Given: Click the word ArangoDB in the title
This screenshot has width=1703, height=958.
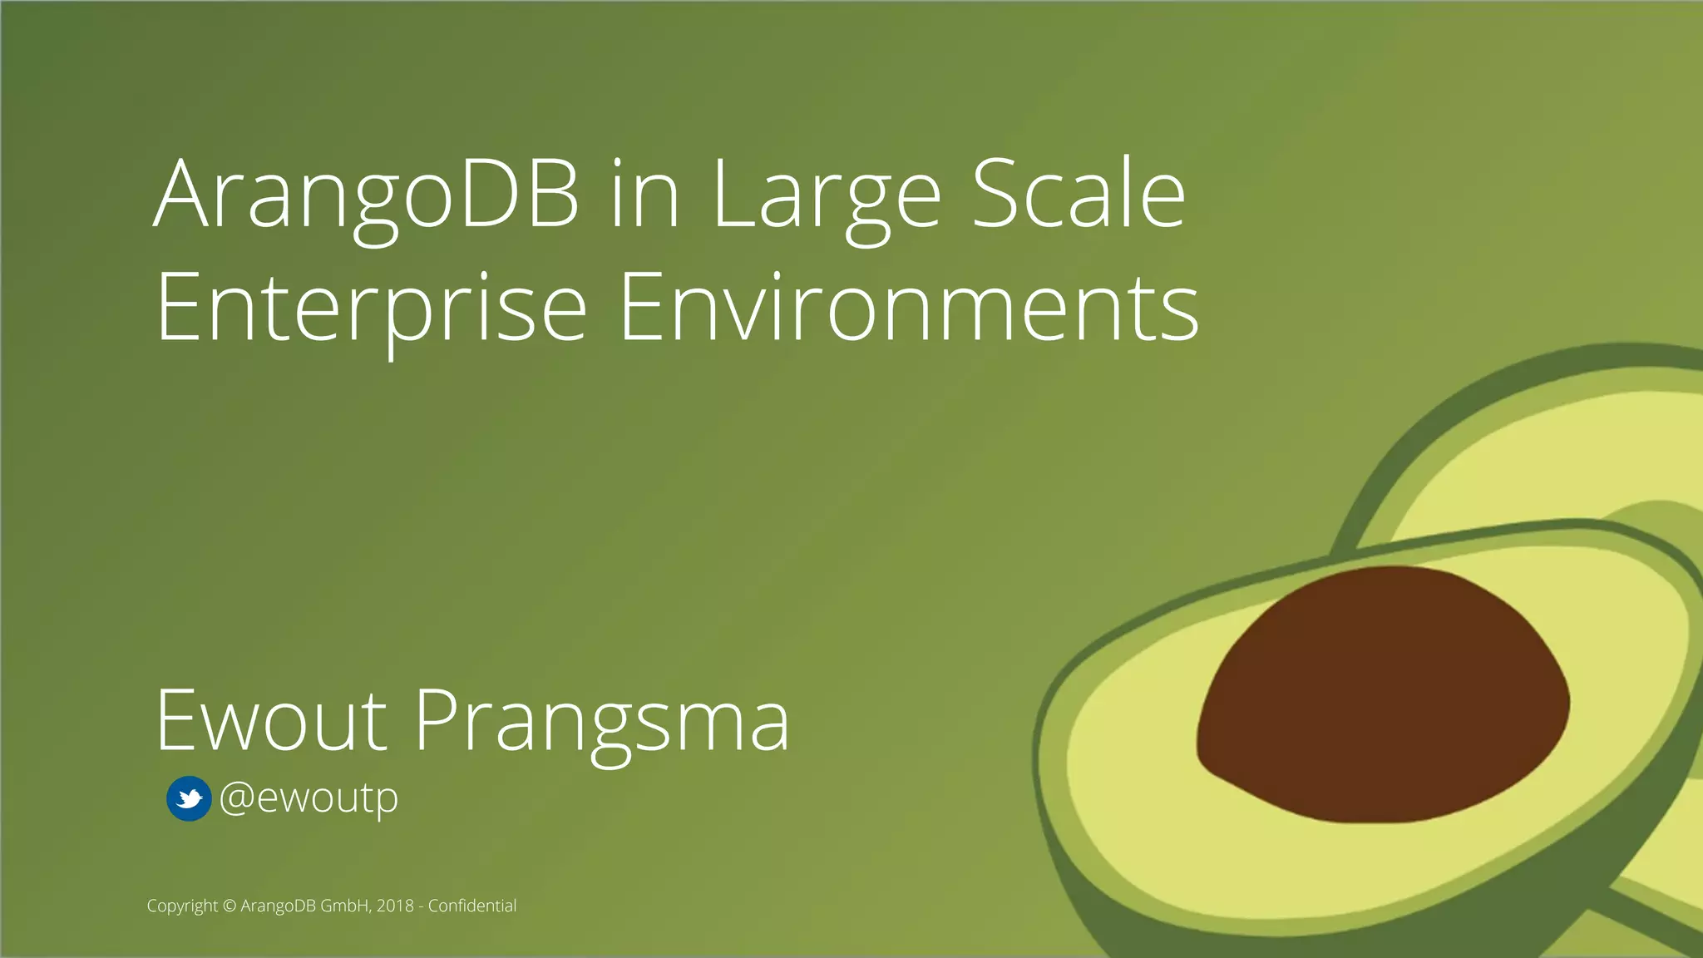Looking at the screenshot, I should (366, 195).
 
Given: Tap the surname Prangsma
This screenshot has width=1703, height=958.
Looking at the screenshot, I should (601, 722).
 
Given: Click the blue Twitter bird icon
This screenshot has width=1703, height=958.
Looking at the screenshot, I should (189, 799).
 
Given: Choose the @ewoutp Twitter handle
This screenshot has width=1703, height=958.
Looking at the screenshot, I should (309, 798).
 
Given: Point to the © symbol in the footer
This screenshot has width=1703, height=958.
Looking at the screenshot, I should (230, 906).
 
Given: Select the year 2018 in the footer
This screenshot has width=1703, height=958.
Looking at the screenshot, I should (395, 906).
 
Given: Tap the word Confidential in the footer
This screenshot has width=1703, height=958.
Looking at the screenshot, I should (471, 906).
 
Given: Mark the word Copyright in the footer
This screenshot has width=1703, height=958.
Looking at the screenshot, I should (182, 906).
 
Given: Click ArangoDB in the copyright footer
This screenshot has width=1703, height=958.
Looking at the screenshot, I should (278, 906).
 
